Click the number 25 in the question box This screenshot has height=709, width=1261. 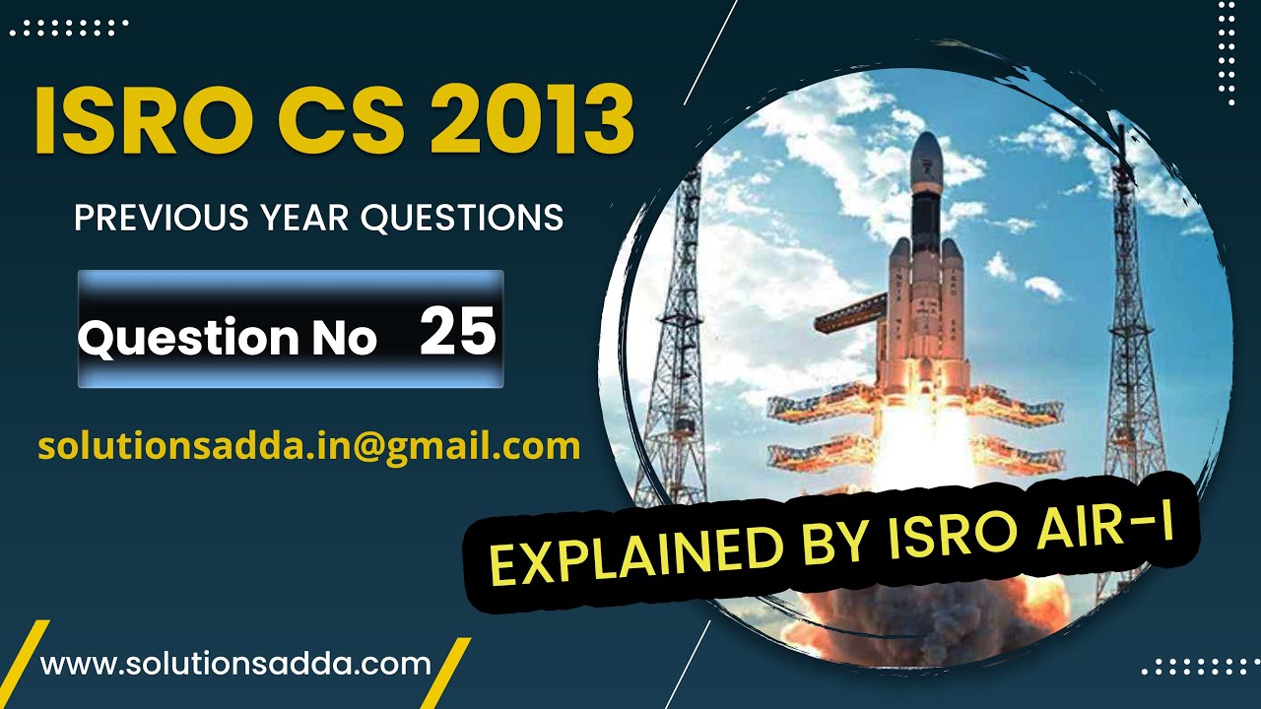[457, 332]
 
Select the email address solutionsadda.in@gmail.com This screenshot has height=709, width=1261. [308, 446]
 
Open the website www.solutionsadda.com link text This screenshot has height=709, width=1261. [235, 663]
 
